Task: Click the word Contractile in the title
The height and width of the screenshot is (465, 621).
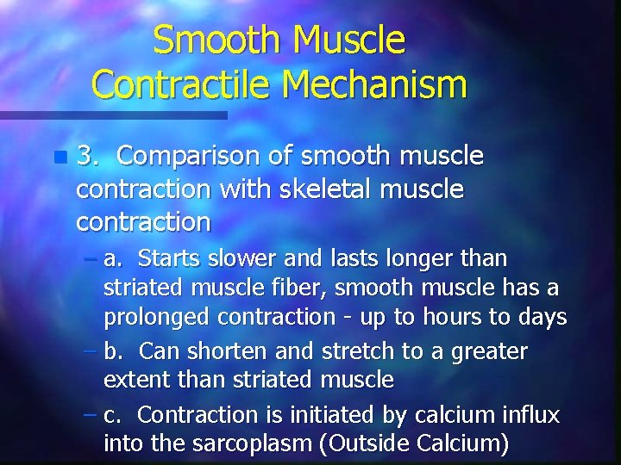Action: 180,84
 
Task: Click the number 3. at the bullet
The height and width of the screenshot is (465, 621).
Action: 88,157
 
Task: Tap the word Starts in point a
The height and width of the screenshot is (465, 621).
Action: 166,258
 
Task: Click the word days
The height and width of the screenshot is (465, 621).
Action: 541,318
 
